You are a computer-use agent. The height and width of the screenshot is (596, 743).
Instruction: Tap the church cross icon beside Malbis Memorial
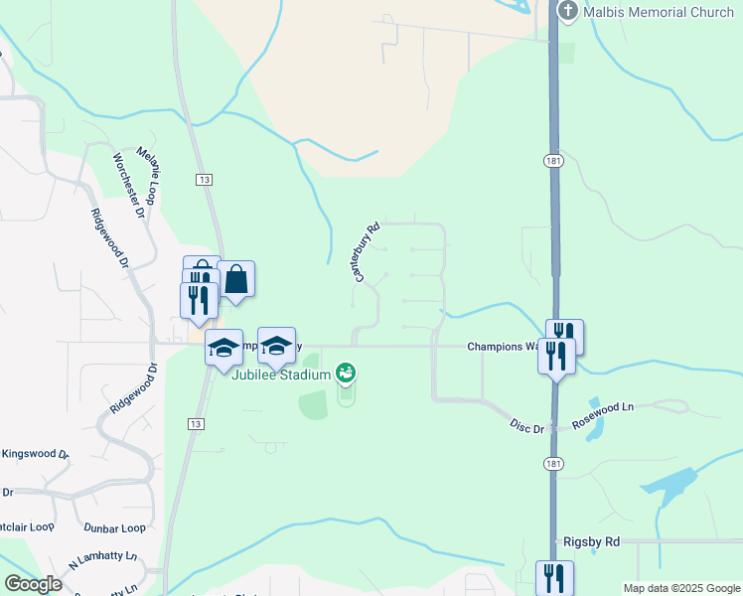pos(567,12)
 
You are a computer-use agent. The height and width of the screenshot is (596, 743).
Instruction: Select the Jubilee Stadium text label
pos(280,373)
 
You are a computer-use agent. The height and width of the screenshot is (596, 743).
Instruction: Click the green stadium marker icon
pos(346,373)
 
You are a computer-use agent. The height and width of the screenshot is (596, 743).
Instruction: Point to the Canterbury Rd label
pos(367,250)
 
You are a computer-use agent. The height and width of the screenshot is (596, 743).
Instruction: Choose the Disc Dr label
pos(526,427)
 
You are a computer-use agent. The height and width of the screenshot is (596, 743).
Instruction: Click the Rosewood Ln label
pos(613,407)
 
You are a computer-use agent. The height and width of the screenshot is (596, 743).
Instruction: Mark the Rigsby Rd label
pos(591,541)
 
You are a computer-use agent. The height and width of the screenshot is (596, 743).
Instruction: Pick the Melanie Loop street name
pos(148,170)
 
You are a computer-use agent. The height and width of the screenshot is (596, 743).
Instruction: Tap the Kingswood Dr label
pos(35,454)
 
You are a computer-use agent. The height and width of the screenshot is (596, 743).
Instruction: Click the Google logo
pos(34,584)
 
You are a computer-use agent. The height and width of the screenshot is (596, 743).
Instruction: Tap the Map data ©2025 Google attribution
pos(680,588)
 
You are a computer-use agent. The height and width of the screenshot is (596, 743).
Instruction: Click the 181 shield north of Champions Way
pos(553,161)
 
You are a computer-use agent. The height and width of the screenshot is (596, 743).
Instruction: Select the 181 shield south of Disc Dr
pos(553,464)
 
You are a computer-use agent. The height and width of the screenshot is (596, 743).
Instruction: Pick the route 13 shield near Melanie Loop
pos(204,179)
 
